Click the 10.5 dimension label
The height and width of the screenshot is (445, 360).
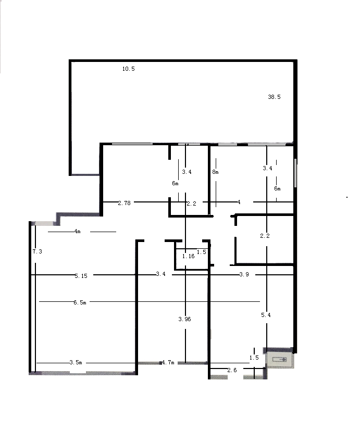129,69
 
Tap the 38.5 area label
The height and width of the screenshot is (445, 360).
274,97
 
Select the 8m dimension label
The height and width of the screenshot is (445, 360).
215,172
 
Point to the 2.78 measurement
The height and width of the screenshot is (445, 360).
125,203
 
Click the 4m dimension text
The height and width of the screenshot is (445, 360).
78,231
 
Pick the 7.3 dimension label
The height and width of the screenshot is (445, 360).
37,251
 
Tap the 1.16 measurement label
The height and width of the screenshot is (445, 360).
189,256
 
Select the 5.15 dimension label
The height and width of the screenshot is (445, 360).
81,275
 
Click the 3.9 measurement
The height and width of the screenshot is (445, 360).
244,274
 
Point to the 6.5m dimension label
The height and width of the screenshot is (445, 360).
80,302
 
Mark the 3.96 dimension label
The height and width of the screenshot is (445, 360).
184,319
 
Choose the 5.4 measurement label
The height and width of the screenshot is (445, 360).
266,315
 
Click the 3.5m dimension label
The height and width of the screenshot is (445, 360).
76,362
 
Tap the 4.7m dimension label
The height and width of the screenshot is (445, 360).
168,362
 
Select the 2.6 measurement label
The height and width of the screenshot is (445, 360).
232,370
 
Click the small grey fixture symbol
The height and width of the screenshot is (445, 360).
280,360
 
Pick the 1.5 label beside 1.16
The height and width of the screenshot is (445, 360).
202,252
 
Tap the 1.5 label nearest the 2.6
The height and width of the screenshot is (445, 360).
254,358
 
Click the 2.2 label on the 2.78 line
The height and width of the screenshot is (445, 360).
192,204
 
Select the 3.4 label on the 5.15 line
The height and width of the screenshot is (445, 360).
160,274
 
